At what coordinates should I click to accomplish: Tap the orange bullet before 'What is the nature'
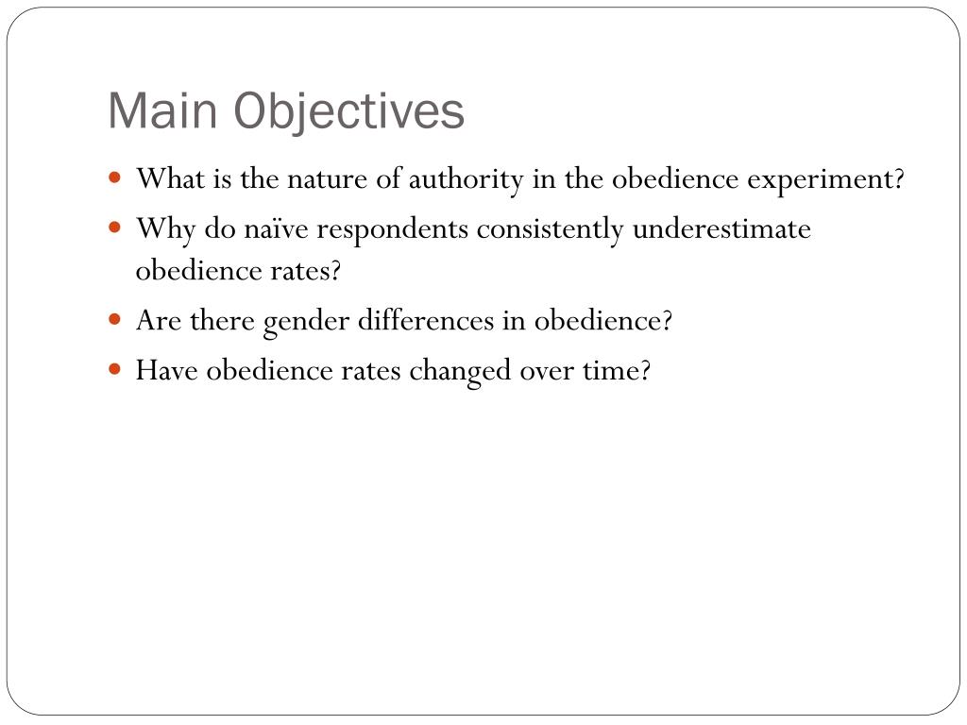tap(115, 177)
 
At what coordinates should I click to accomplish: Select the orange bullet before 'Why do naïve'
tap(115, 228)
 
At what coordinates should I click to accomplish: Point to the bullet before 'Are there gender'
tap(115, 319)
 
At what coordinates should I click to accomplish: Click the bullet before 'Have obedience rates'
tap(115, 369)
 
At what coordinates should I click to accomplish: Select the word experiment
tap(826, 178)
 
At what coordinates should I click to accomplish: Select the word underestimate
tap(721, 229)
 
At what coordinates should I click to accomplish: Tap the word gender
tap(306, 321)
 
